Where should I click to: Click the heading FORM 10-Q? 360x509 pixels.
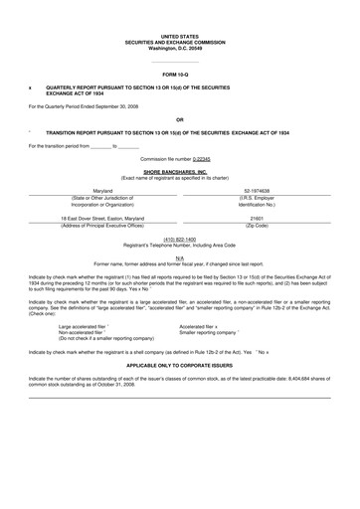coord(179,75)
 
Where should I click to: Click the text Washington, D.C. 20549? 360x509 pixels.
coord(179,49)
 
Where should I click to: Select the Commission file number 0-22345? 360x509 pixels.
coord(201,158)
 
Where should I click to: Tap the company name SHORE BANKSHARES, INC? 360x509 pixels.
coord(179,171)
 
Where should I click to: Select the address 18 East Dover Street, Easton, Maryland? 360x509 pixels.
coord(102,218)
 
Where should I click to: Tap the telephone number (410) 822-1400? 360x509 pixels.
coord(179,239)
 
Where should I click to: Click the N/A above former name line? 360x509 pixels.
coord(179,256)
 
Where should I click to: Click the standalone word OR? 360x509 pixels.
coord(179,119)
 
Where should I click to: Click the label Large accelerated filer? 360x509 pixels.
coord(89,325)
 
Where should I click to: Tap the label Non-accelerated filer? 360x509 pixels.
coord(86,332)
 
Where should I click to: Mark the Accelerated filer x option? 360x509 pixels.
coord(201,325)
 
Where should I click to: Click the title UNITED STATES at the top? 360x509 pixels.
coord(179,35)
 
